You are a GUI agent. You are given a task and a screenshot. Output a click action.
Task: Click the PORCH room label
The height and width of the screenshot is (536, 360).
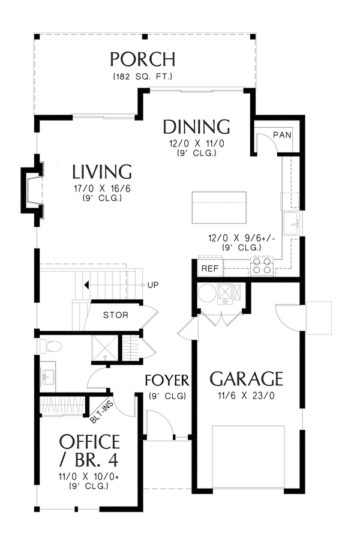[143, 59]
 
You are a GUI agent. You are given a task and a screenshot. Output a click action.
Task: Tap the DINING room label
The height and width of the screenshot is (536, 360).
[196, 127]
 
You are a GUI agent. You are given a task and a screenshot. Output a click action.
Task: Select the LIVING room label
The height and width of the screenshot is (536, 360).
[102, 172]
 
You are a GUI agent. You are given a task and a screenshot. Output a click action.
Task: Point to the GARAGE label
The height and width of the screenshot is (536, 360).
[246, 378]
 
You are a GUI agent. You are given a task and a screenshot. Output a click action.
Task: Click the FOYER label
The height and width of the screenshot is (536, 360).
[167, 380]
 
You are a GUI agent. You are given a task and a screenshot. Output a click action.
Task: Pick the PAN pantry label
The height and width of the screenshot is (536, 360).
[282, 135]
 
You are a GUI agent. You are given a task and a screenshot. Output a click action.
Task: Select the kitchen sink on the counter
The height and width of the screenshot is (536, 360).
[291, 223]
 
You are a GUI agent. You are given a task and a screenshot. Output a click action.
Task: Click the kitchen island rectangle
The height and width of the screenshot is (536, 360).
[219, 208]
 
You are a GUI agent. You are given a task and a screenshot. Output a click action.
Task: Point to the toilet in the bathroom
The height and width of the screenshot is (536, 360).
[50, 346]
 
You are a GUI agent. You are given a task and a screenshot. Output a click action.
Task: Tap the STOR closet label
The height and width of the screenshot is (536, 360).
[116, 315]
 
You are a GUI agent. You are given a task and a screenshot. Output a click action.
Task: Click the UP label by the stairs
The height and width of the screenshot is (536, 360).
[153, 285]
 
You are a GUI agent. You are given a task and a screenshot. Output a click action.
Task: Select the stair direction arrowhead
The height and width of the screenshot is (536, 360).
[87, 285]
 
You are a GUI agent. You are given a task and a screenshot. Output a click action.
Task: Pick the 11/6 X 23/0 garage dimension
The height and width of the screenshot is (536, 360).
[246, 396]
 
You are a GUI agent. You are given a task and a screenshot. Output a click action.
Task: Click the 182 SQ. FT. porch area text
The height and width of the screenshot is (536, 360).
[143, 77]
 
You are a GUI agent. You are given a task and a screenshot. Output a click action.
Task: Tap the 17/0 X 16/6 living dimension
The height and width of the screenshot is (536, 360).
[102, 188]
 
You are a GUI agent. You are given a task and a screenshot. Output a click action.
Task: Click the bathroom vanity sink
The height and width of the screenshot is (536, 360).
[47, 377]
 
